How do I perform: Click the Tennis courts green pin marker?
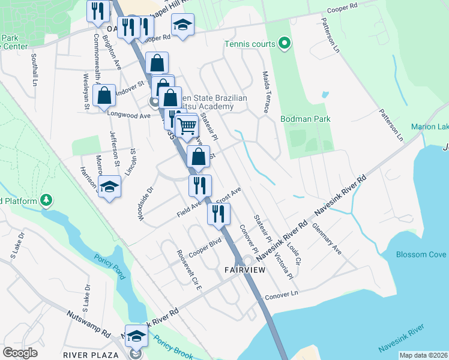[285, 43]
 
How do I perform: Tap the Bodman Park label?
[306, 119]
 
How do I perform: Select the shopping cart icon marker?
[187, 126]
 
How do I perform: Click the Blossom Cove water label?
[421, 254]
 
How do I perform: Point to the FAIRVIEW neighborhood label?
[245, 270]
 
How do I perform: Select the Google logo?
[20, 352]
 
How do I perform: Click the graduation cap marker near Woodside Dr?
[109, 188]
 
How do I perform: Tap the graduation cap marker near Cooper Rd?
[182, 25]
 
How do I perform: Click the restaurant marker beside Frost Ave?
[200, 185]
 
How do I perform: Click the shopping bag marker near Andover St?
[104, 95]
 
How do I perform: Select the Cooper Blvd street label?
[206, 247]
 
